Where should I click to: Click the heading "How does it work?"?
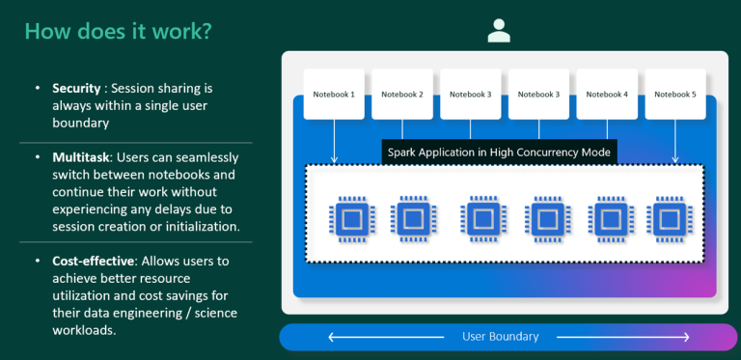(118, 32)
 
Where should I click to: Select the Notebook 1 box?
(334, 94)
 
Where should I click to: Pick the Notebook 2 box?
(402, 94)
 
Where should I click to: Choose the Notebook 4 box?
(606, 94)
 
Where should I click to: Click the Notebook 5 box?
(674, 94)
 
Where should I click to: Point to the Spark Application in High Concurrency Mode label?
(498, 152)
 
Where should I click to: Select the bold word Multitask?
(81, 156)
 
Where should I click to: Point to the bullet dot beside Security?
(36, 89)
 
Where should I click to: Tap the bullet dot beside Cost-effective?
(36, 262)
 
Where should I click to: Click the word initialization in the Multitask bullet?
(196, 227)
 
